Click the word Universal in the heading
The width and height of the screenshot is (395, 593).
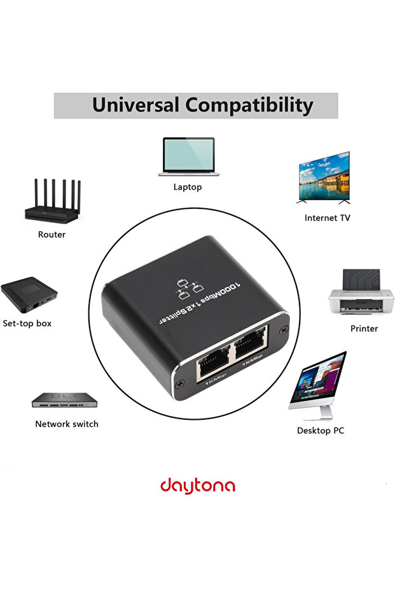(135, 105)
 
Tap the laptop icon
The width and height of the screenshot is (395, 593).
(188, 157)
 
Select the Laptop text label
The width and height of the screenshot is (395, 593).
(188, 187)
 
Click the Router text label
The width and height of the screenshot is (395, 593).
(52, 234)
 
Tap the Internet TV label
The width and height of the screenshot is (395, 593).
(327, 218)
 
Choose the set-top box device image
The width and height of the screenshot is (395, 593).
(29, 294)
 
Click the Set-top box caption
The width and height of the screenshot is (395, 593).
(27, 324)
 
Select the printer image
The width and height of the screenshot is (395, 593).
(361, 293)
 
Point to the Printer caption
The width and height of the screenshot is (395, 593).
(364, 329)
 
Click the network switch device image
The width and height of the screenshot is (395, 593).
(66, 400)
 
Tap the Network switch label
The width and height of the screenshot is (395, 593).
(67, 424)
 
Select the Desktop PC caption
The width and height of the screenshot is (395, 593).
(321, 431)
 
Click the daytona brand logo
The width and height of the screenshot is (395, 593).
(197, 486)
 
